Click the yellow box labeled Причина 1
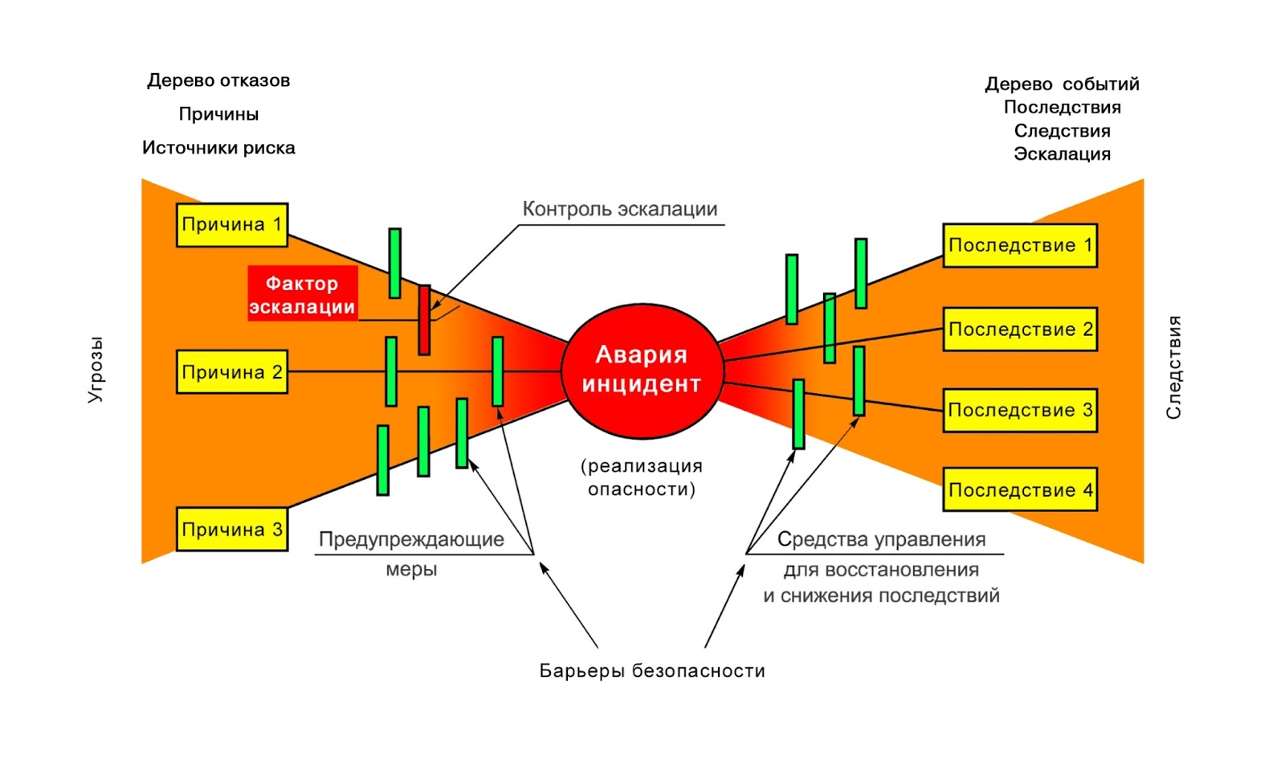pos(231,224)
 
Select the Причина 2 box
pos(231,372)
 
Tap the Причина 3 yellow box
pos(231,529)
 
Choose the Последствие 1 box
pos(1020,245)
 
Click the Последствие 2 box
pos(1020,329)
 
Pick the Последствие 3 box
pos(1020,410)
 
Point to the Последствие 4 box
pos(1020,489)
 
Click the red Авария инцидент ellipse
pos(642,371)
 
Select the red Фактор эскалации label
pos(302,294)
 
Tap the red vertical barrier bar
pos(424,320)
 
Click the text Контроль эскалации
pos(619,209)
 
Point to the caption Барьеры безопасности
pos(651,670)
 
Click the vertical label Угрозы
pos(96,369)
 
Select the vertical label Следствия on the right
pos(1173,367)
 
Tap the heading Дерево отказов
pos(218,80)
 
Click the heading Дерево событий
pos(1062,84)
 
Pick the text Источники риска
pos(218,148)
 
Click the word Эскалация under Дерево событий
pos(1062,154)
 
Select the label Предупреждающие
pos(411,539)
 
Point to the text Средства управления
pos(881,539)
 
